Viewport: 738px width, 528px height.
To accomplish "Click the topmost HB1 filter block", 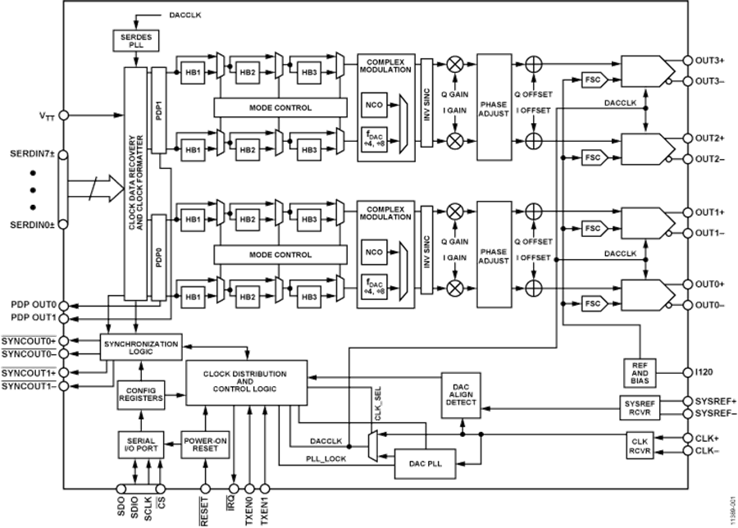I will point(194,71).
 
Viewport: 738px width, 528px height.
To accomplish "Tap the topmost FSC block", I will point(592,80).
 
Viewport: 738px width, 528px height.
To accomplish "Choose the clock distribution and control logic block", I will point(245,381).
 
